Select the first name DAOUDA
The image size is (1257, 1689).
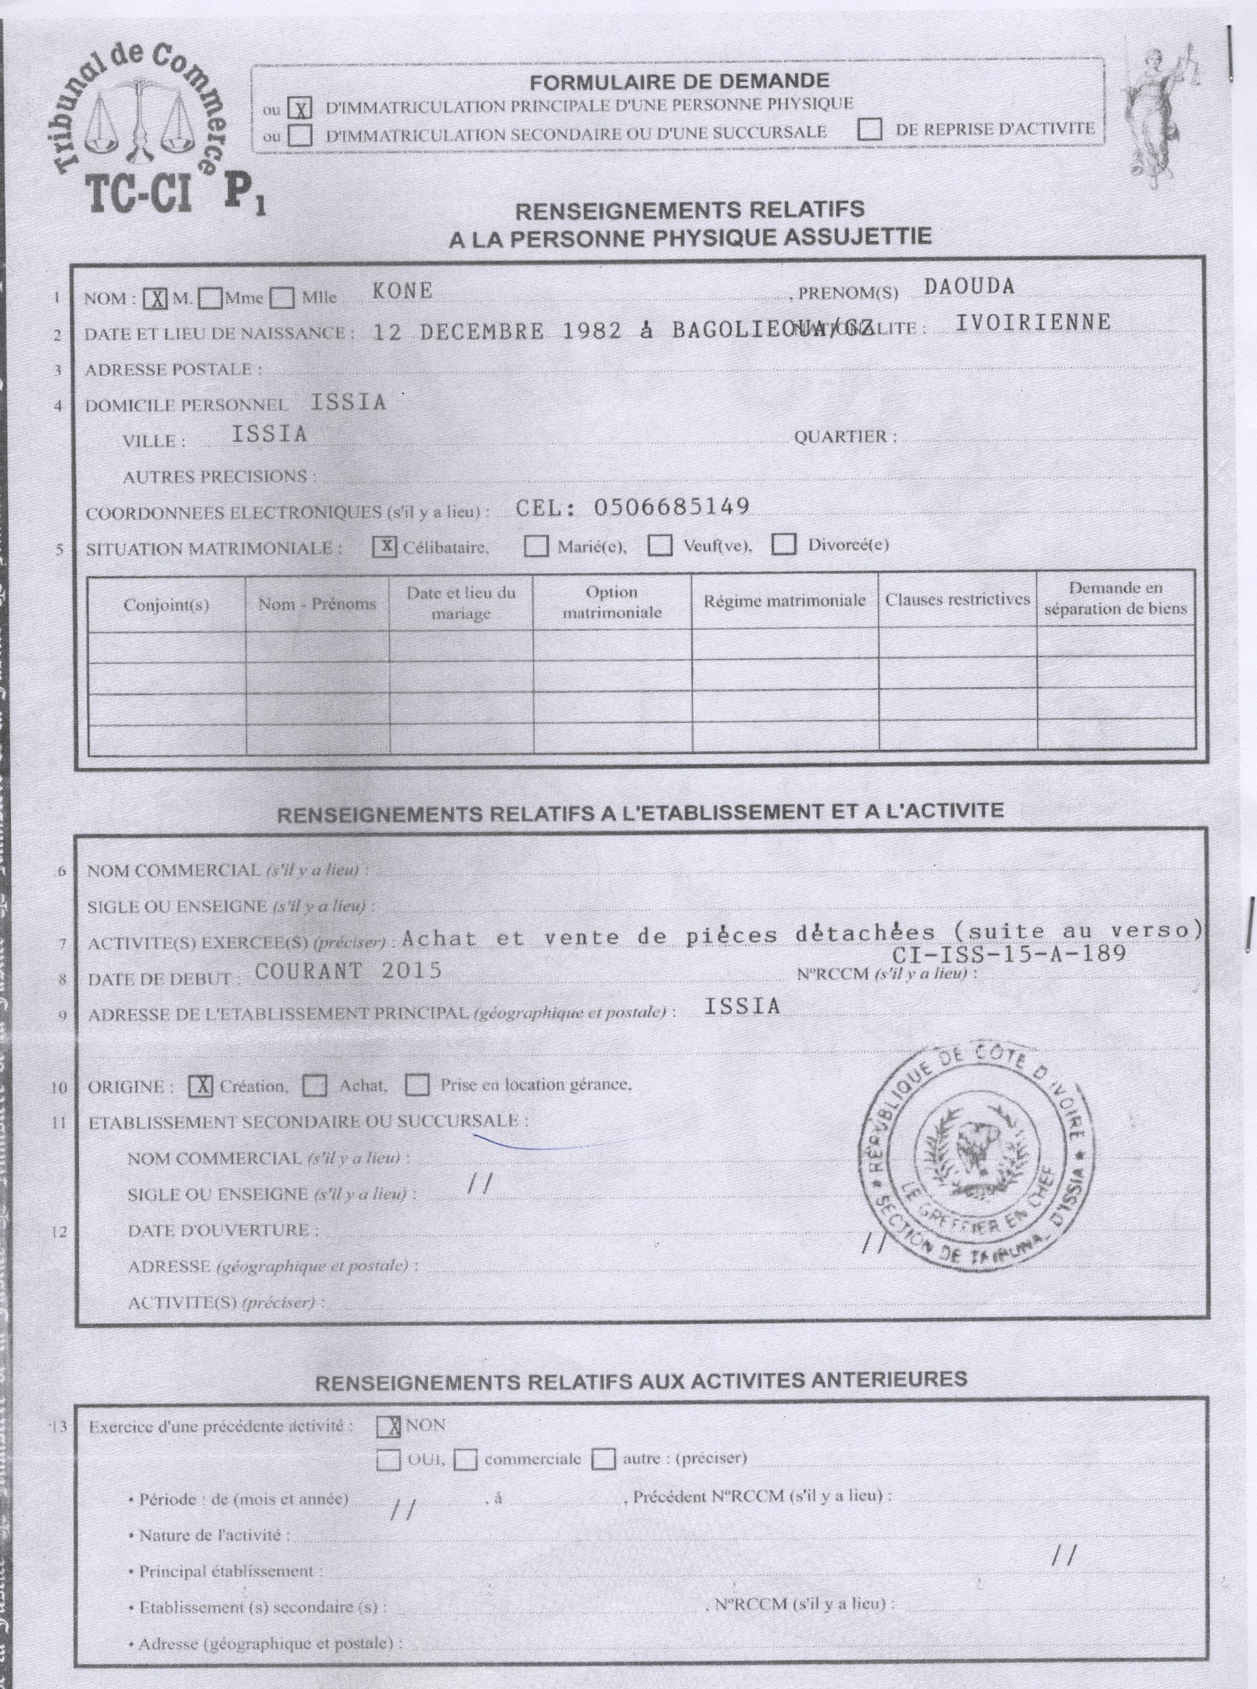[x=969, y=286]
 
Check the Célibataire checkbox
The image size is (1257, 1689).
[x=386, y=547]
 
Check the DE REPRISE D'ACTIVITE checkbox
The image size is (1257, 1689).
[x=869, y=130]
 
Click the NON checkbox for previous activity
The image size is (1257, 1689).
[x=389, y=1427]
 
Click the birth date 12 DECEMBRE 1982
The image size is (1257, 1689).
[x=497, y=332]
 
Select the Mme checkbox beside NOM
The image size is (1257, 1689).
[x=211, y=298]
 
